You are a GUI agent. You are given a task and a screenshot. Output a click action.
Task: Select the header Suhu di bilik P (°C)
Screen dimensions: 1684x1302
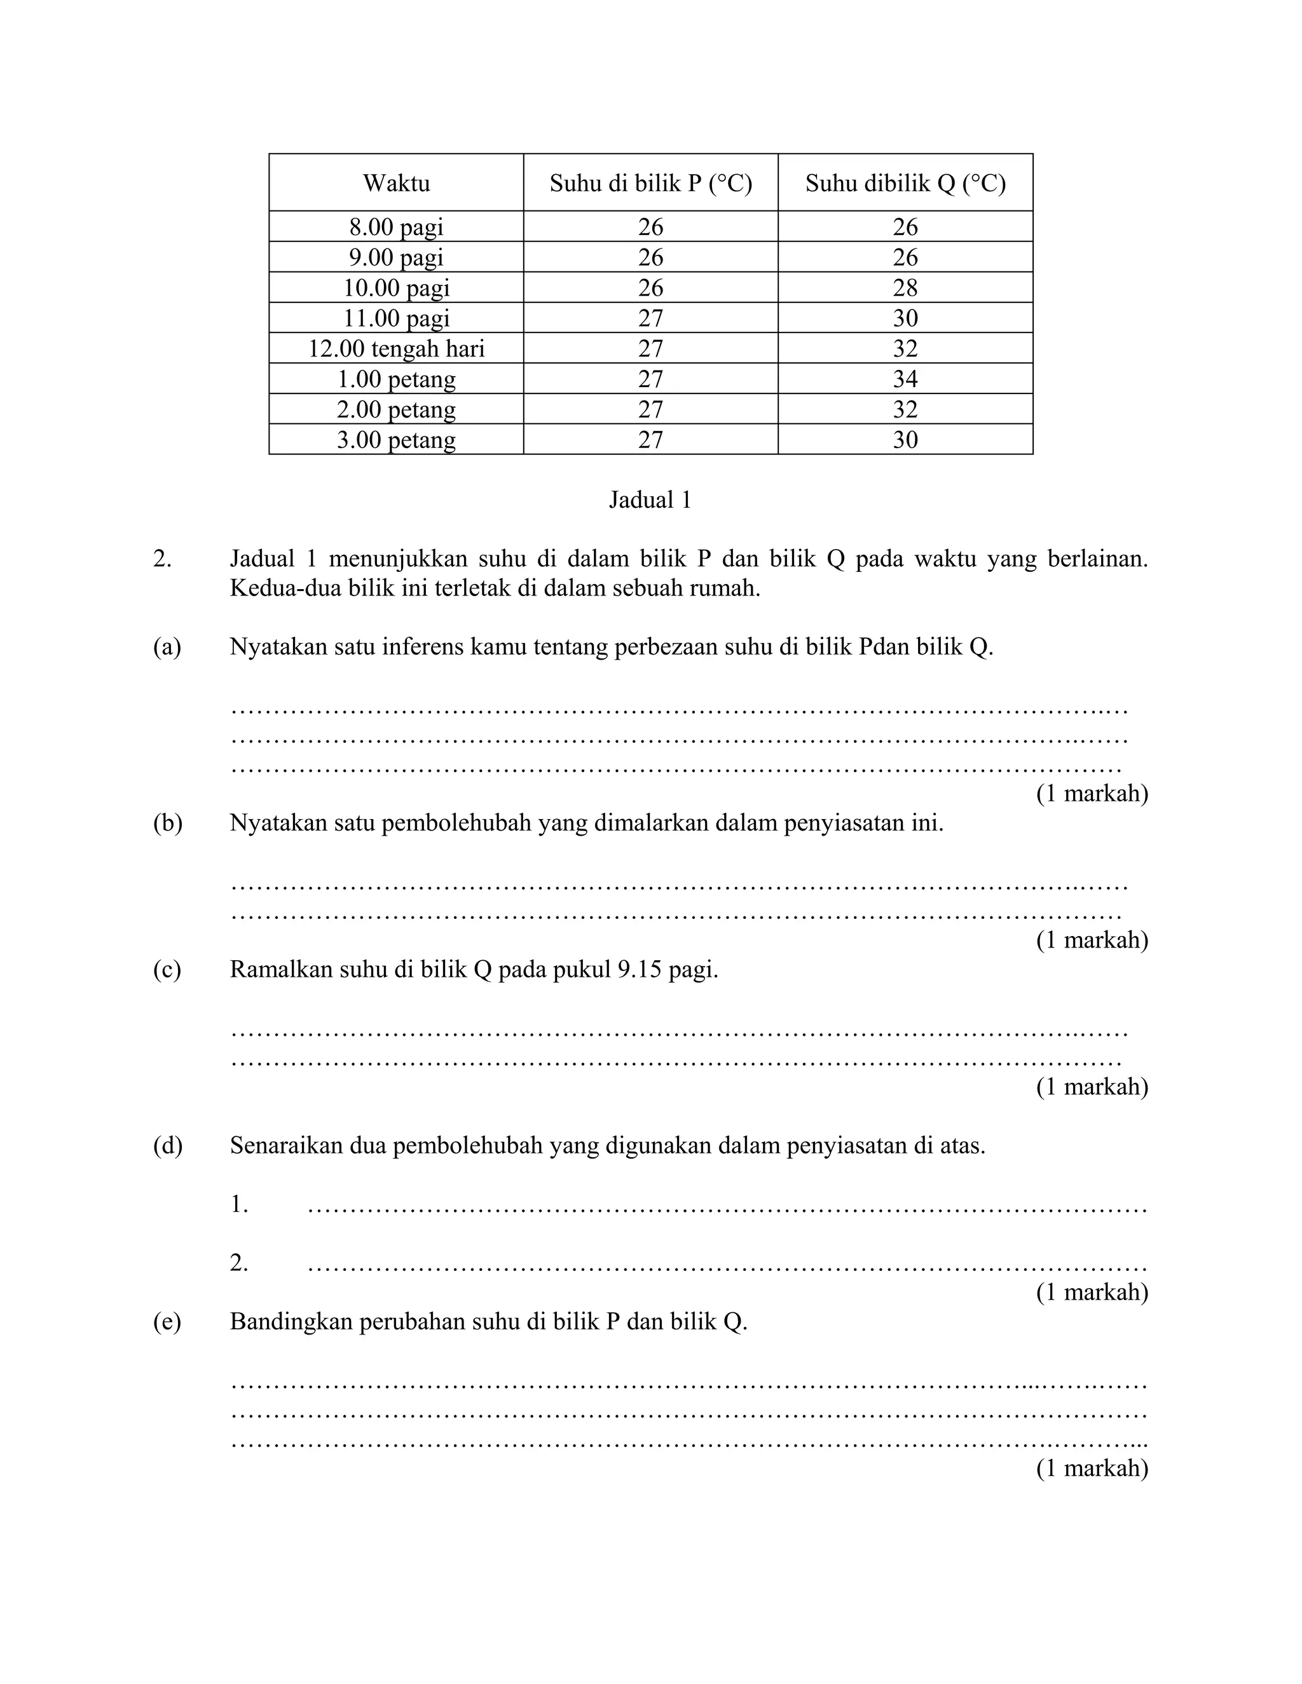pos(650,184)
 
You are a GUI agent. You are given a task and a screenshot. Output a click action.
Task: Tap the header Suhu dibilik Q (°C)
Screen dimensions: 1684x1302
pos(905,184)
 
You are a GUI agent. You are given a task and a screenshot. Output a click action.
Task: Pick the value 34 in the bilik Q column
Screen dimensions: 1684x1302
pos(905,379)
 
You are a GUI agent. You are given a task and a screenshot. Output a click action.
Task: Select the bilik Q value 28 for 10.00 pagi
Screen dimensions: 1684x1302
pos(905,288)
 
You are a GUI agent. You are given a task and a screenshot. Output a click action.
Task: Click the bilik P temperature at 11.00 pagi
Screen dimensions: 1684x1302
pos(650,318)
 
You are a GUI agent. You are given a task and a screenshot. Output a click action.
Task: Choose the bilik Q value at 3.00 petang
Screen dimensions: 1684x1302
pos(905,440)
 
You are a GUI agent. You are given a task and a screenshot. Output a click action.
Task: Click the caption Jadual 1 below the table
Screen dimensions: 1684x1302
pos(650,500)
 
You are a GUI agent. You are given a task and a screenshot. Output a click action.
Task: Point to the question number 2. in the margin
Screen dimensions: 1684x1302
pos(162,558)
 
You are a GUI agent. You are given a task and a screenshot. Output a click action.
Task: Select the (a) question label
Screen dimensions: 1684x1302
pos(167,647)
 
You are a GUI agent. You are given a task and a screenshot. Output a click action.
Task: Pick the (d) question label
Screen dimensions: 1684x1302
pos(167,1146)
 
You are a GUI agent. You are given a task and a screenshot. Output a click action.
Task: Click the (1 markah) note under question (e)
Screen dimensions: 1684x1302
pos(1092,1467)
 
